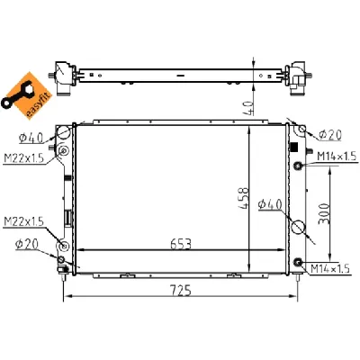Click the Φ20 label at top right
pyautogui.click(x=329, y=136)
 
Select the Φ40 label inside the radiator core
pyautogui.click(x=270, y=205)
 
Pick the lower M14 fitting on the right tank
pyautogui.click(x=297, y=262)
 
